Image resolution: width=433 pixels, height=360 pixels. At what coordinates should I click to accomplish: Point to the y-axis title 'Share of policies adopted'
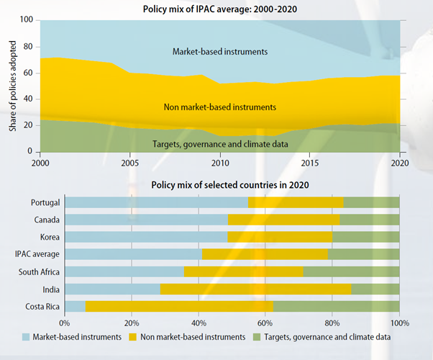coord(13,86)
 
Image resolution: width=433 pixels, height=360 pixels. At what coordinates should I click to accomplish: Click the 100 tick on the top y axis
coord(27,20)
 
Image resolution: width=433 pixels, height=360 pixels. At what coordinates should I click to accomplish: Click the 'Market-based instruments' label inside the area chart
coord(219,51)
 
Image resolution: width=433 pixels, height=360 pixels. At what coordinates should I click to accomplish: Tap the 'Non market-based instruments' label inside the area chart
coord(220,107)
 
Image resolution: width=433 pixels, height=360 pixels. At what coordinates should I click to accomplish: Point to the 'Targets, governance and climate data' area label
coord(220,144)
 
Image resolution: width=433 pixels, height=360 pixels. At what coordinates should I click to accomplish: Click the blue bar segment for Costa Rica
coord(75,307)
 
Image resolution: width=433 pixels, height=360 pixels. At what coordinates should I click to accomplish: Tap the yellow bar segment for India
coord(255,289)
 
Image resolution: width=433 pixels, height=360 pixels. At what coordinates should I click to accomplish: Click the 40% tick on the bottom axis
coord(199,322)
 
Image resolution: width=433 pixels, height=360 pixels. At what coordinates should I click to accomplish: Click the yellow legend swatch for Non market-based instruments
coord(133,336)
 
